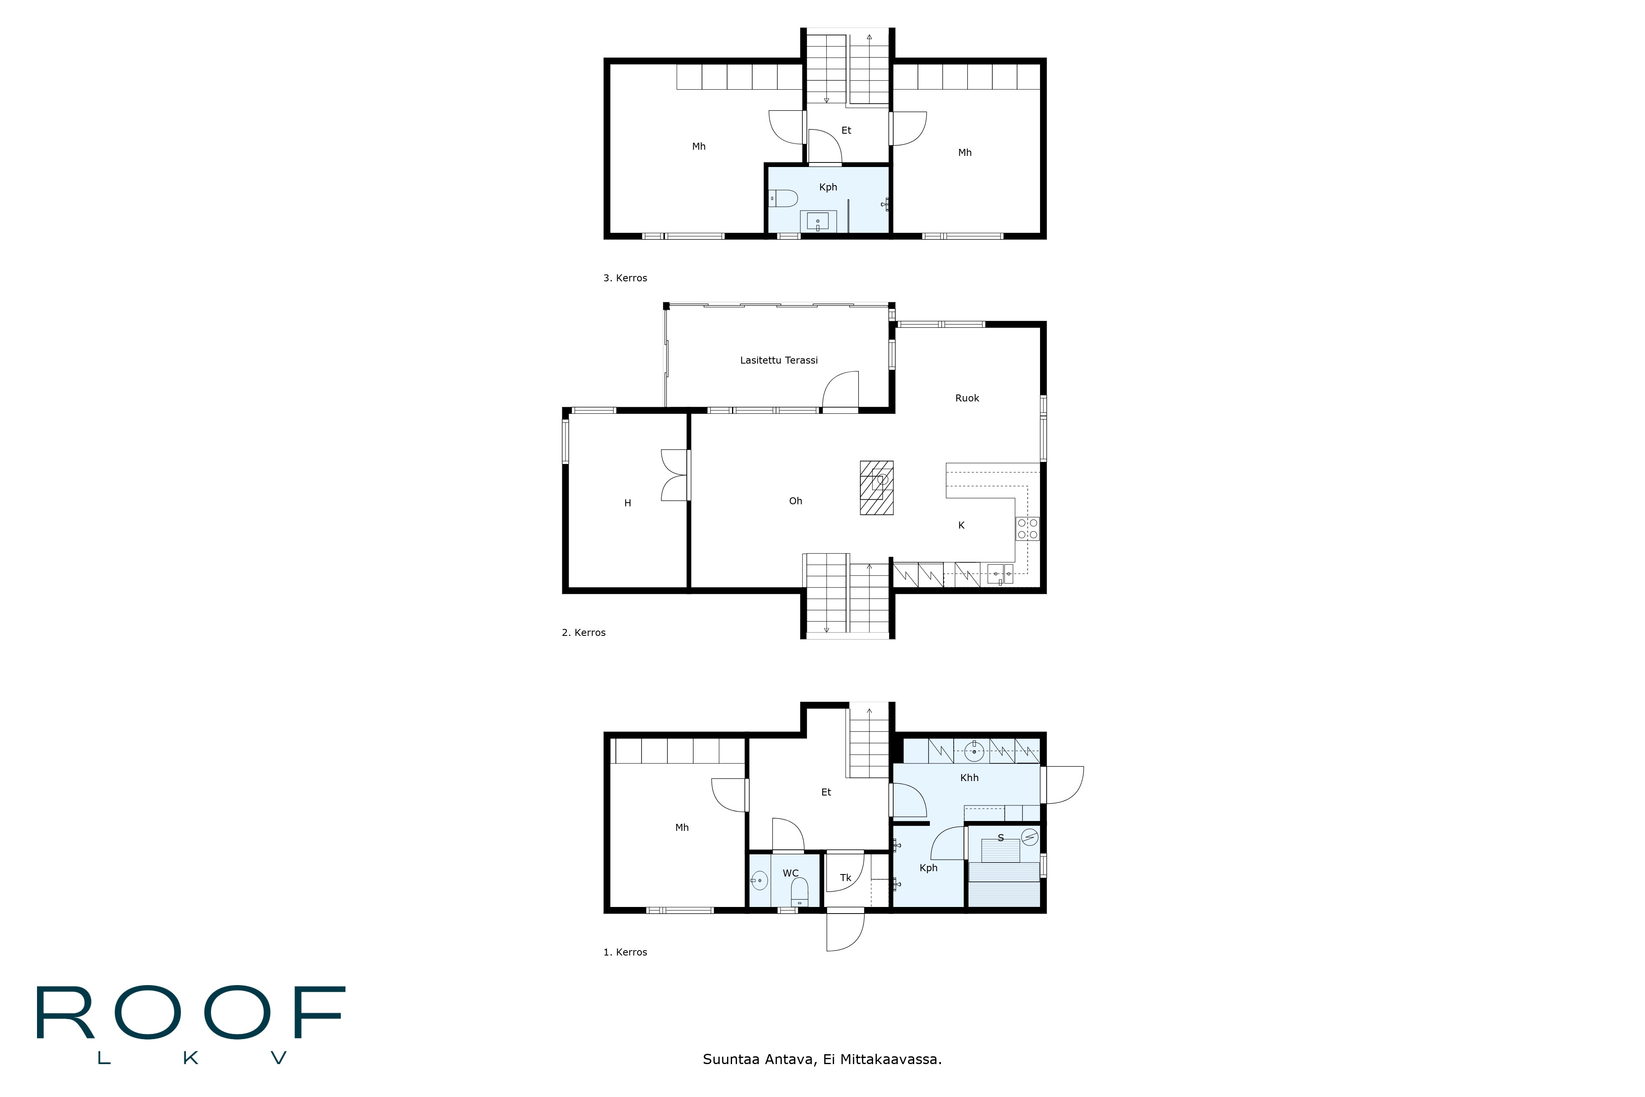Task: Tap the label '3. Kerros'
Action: (x=625, y=278)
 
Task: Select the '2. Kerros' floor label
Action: (x=583, y=633)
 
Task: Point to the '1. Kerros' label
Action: (x=625, y=952)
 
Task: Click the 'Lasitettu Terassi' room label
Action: (x=778, y=360)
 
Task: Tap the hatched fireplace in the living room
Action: (x=876, y=488)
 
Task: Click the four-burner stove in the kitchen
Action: (x=1027, y=529)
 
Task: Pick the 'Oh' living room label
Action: (x=795, y=501)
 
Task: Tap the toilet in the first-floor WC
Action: (x=799, y=892)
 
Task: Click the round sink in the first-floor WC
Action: (x=759, y=880)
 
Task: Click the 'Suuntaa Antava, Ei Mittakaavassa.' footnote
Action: (x=822, y=1059)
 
